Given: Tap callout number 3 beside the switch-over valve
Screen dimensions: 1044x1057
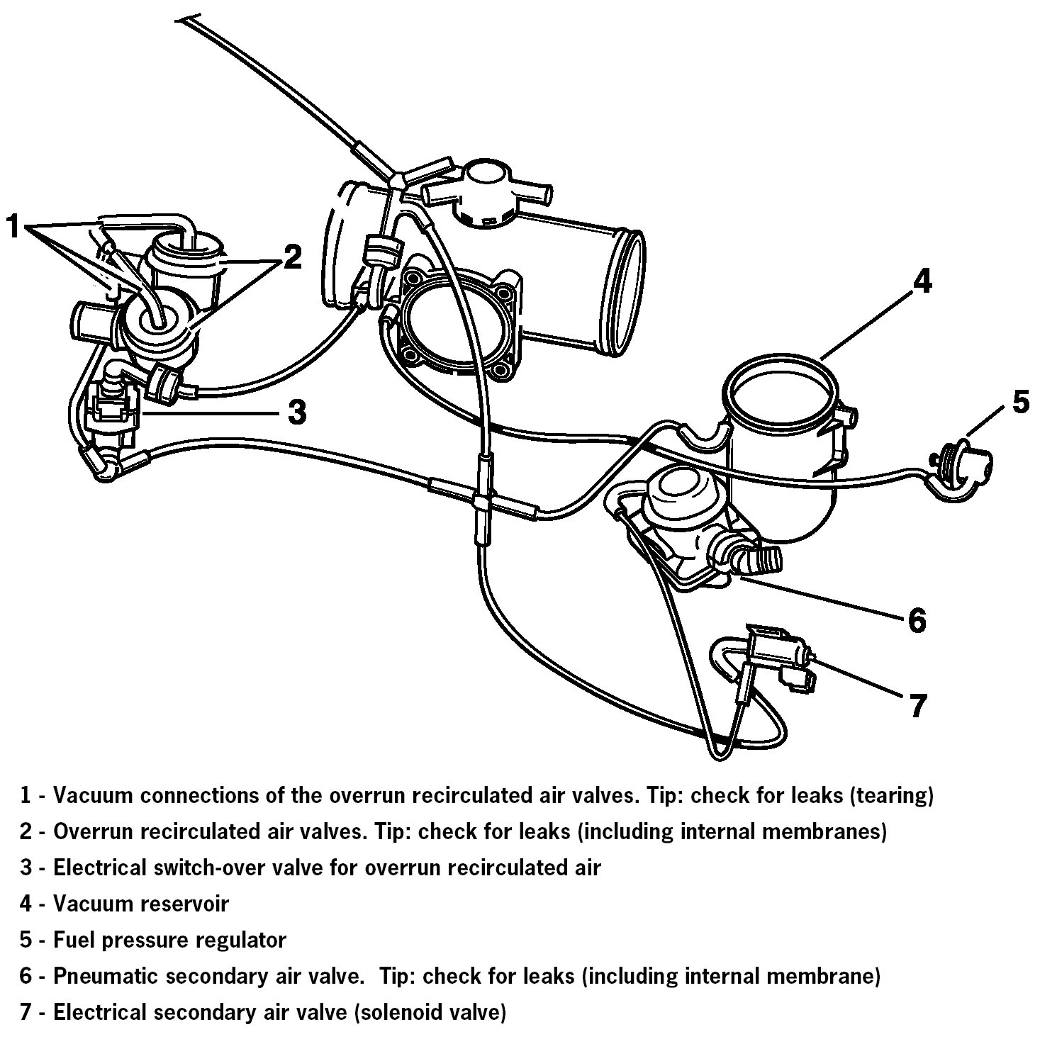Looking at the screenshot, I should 296,411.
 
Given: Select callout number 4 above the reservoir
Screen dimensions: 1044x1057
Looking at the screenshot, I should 921,282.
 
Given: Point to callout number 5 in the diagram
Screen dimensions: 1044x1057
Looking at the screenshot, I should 1019,401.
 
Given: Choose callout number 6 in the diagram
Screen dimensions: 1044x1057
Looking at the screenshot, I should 916,620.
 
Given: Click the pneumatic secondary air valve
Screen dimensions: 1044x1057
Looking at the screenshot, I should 681,524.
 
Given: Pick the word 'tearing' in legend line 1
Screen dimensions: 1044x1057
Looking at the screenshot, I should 893,795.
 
